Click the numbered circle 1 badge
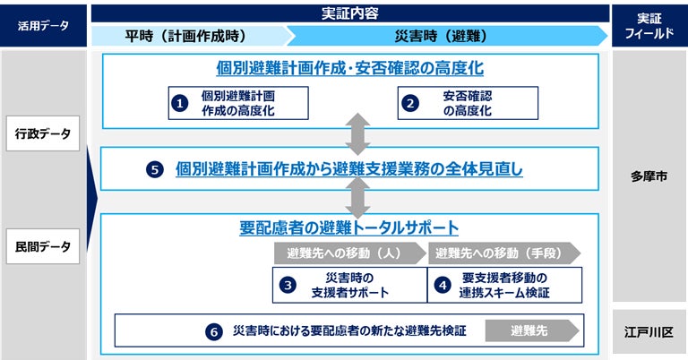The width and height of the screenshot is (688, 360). pyautogui.click(x=180, y=103)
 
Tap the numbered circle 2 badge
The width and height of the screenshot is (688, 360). pyautogui.click(x=410, y=103)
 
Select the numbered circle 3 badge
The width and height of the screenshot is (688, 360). pyautogui.click(x=288, y=285)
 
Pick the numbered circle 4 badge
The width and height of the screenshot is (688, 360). pyautogui.click(x=442, y=285)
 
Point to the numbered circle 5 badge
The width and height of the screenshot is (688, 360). pyautogui.click(x=154, y=168)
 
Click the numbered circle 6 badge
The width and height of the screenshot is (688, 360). pyautogui.click(x=213, y=331)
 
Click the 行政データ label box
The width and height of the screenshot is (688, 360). pyautogui.click(x=42, y=134)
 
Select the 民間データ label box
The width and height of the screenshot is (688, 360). pyautogui.click(x=42, y=247)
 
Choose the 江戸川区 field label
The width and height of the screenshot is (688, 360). pyautogui.click(x=649, y=331)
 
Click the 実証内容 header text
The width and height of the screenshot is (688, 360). pyautogui.click(x=349, y=13)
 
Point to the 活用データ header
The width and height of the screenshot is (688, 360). pyautogui.click(x=42, y=25)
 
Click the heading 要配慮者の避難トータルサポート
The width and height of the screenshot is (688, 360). pyautogui.click(x=349, y=227)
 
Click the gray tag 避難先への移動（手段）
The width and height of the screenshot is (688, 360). pyautogui.click(x=502, y=253)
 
